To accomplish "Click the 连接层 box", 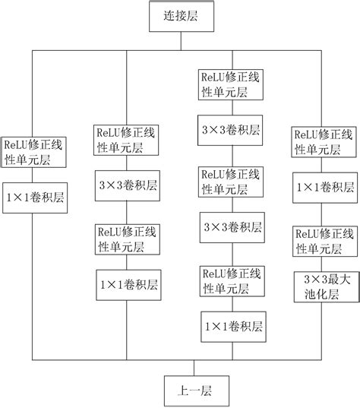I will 180,15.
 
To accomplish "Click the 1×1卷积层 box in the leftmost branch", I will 34,196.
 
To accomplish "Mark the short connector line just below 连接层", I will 180,40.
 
